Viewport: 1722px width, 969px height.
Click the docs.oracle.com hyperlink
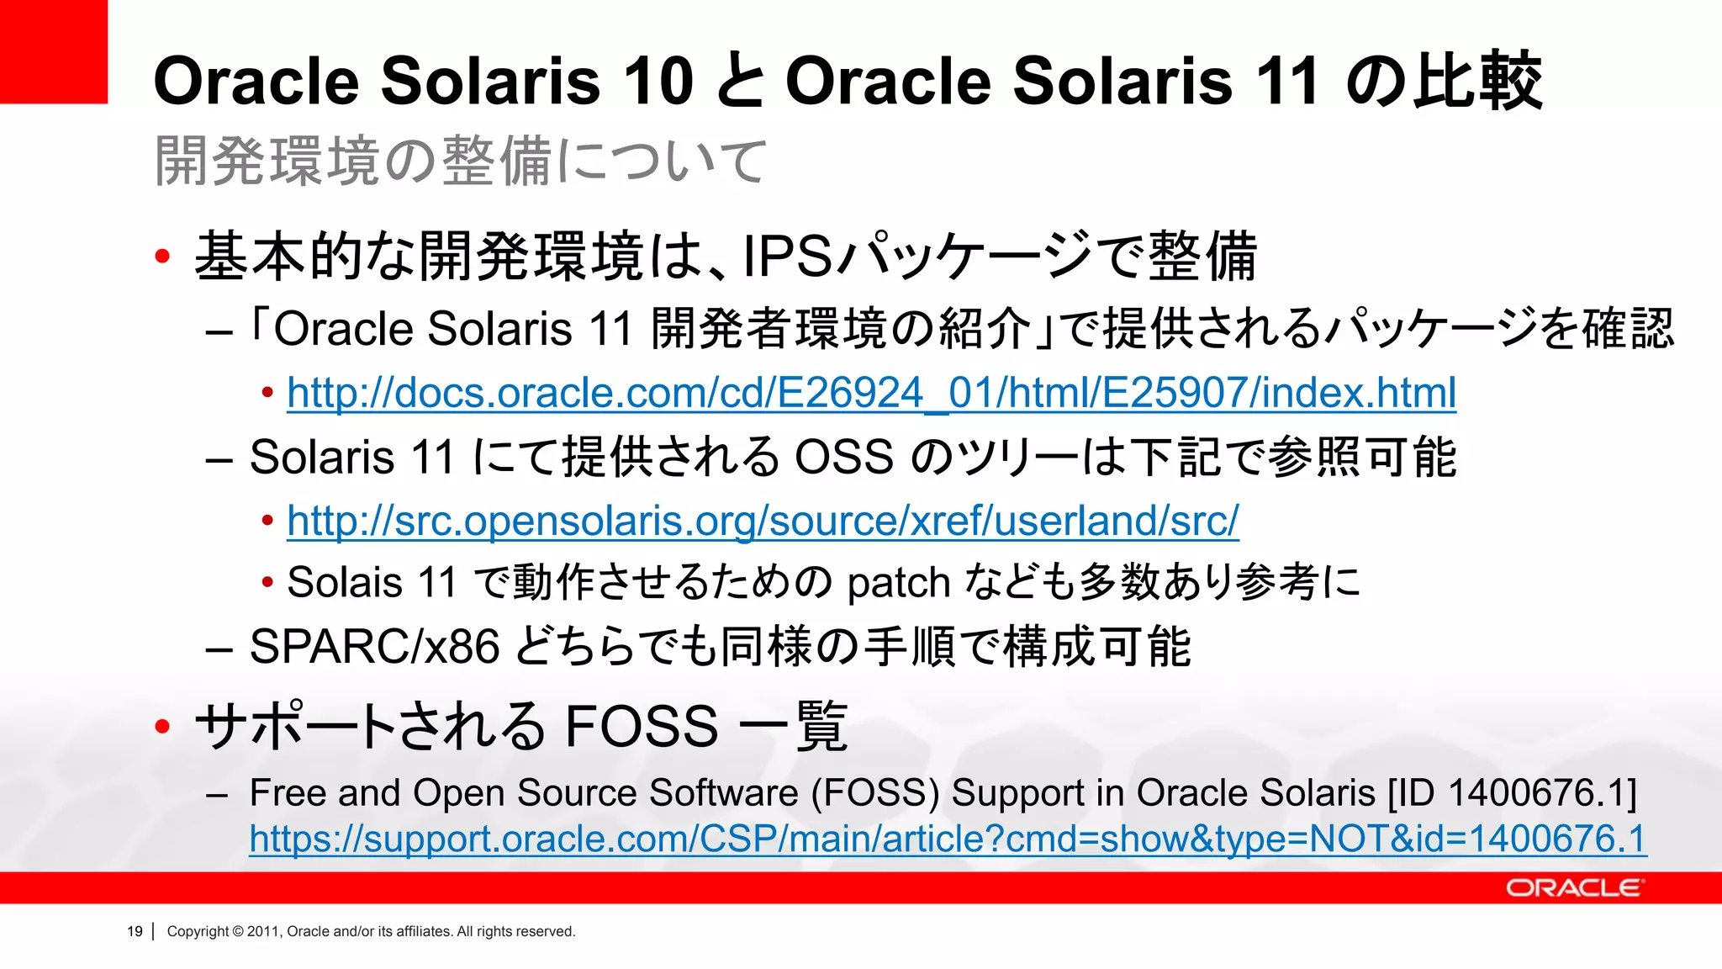tap(871, 393)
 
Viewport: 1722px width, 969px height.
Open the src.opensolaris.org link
tap(763, 521)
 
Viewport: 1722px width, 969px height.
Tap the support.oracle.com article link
tap(948, 839)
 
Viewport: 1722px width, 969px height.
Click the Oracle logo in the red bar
tap(1572, 888)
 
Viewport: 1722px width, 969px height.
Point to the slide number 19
tap(135, 931)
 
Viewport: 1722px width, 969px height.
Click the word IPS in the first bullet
tap(788, 257)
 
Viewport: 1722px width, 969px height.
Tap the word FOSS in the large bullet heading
tap(641, 726)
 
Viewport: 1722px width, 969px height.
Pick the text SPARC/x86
tap(375, 647)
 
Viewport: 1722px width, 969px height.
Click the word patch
tap(898, 583)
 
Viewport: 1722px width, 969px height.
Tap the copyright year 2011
tap(262, 931)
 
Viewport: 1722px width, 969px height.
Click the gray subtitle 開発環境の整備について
tap(461, 161)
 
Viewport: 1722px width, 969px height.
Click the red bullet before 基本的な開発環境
tap(163, 256)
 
